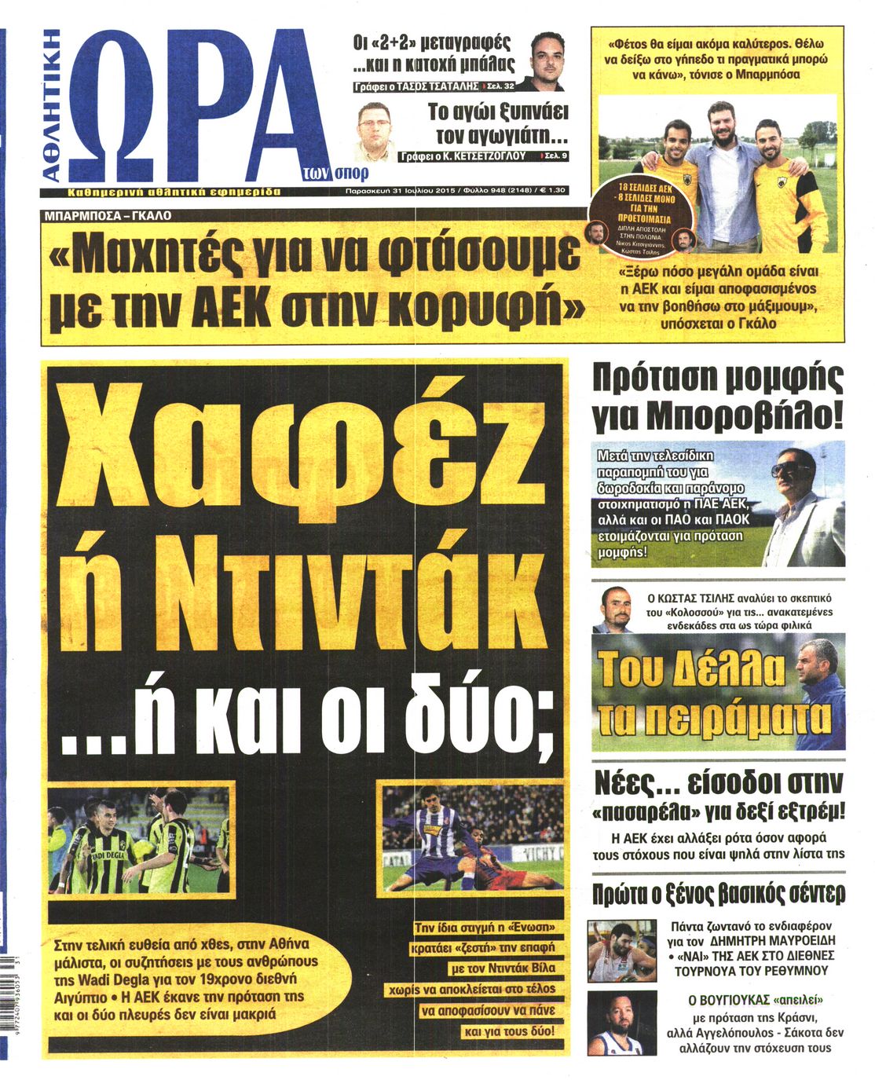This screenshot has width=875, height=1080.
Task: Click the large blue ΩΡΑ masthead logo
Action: click(x=196, y=106)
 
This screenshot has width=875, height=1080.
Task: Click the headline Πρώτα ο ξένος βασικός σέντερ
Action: click(x=718, y=893)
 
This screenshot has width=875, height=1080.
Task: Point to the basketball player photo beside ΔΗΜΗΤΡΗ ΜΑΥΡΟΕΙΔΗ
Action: click(x=621, y=950)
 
